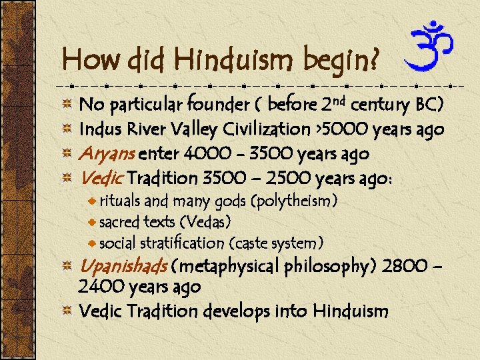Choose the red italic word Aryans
pos(107,154)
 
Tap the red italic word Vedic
pos(100,178)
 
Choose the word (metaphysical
pos(226,267)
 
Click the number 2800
pos(406,267)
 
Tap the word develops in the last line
pos(239,311)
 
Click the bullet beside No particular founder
pos(67,105)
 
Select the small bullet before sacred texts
pos(93,221)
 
